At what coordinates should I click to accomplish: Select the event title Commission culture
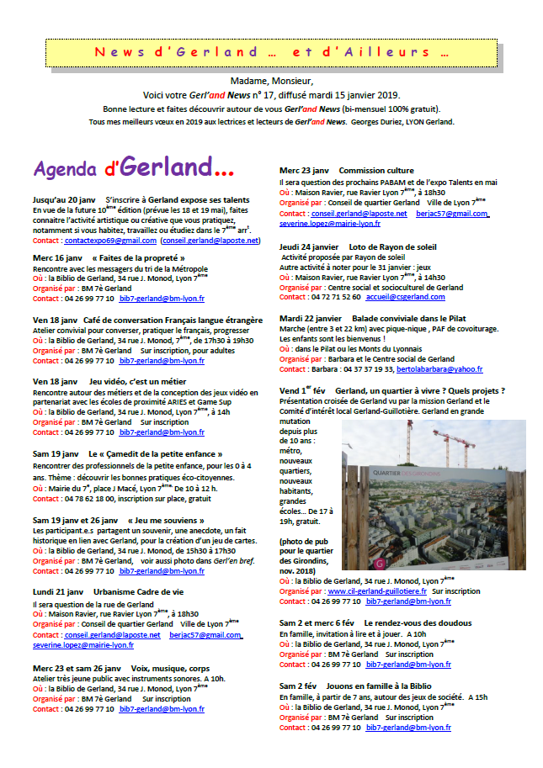pos(376,171)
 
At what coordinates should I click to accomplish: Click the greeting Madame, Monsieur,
pos(270,81)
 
